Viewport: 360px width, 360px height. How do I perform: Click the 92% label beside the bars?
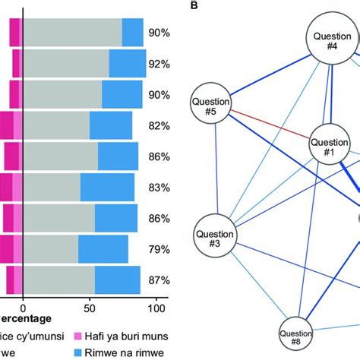(159, 65)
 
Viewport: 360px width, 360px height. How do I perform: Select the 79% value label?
(159, 249)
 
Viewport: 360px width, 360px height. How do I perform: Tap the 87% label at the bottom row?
(159, 280)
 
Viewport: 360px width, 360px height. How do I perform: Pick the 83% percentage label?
(159, 188)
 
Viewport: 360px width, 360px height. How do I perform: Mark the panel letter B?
(194, 6)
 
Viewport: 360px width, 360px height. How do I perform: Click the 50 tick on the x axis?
(90, 309)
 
